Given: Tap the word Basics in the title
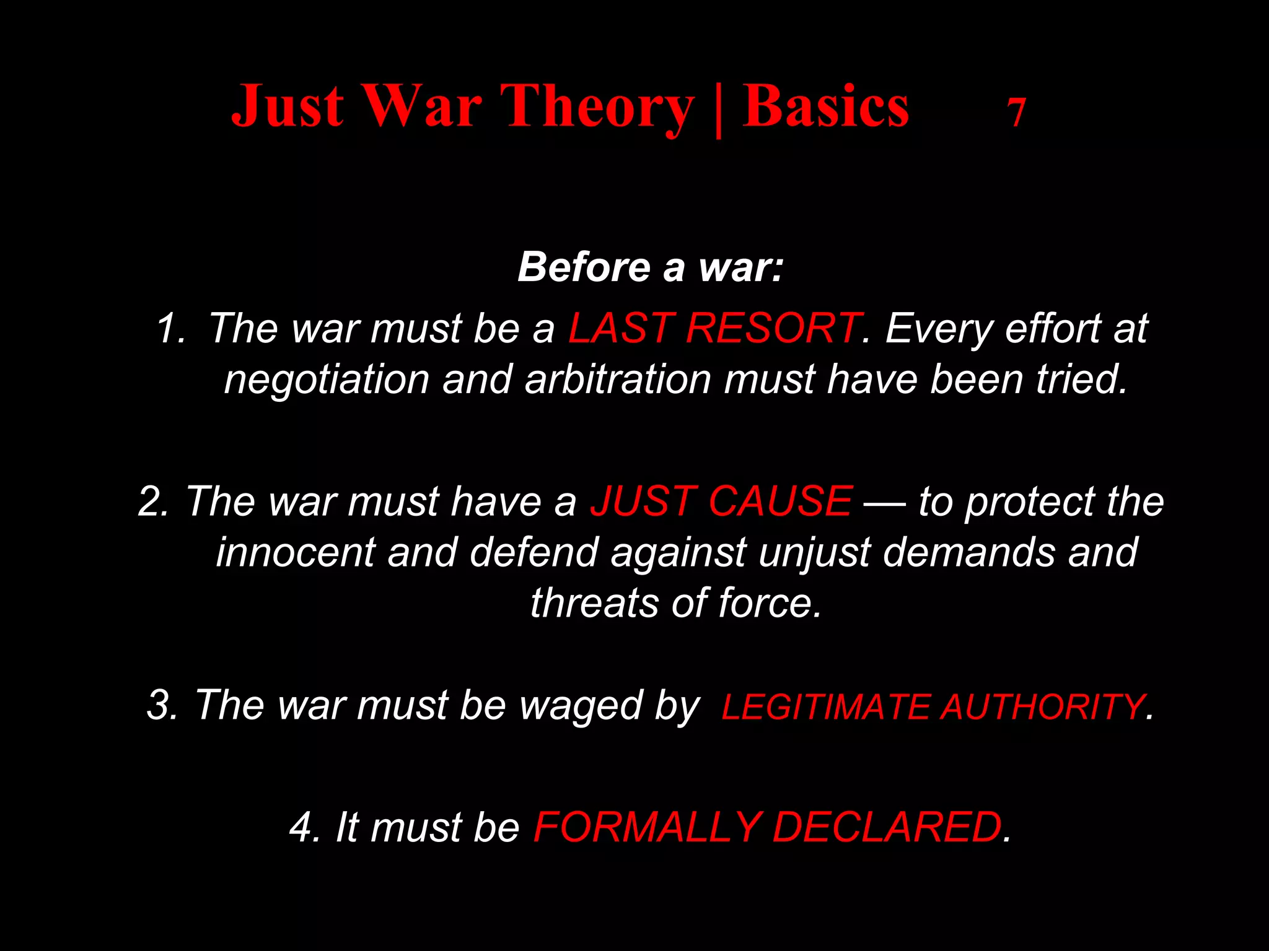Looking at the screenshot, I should click(825, 106).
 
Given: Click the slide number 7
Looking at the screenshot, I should click(1016, 113).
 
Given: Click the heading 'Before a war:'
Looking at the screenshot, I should click(651, 267).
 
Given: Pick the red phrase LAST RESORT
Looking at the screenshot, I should click(714, 328).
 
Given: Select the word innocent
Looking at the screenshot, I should click(295, 552).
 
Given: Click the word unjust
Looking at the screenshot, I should click(814, 552).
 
